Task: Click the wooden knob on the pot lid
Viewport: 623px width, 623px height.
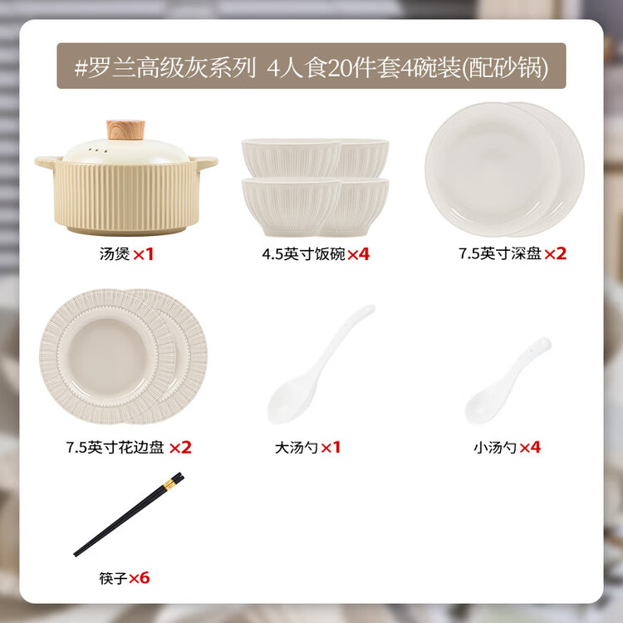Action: click(x=125, y=130)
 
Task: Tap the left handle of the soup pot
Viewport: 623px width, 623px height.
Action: click(x=47, y=163)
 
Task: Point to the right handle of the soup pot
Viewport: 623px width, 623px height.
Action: click(x=205, y=162)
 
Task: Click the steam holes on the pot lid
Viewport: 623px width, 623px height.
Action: click(x=98, y=150)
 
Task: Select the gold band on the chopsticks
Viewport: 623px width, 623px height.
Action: click(x=169, y=485)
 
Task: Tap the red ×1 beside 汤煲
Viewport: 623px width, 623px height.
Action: click(x=143, y=254)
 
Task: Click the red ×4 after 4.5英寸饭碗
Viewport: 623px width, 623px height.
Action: click(x=358, y=254)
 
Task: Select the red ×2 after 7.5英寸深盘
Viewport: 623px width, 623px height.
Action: click(x=555, y=253)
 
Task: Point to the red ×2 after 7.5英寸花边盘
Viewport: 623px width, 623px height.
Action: click(x=180, y=448)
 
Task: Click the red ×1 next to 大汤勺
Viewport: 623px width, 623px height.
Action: click(x=331, y=448)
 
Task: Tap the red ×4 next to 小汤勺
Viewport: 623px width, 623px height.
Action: click(x=530, y=448)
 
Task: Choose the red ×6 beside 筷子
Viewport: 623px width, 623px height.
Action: click(x=139, y=578)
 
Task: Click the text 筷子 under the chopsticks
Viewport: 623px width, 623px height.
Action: click(x=113, y=578)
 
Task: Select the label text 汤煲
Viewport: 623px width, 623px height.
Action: click(x=115, y=254)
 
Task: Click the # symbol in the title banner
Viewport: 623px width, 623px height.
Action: click(x=81, y=67)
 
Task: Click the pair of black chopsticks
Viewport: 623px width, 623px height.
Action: click(x=129, y=514)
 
